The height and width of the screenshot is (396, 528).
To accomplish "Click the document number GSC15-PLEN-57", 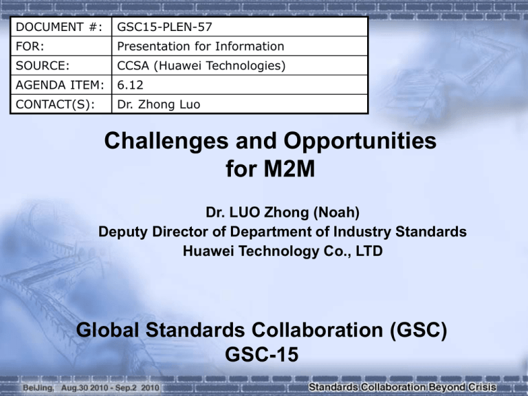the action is click(164, 27).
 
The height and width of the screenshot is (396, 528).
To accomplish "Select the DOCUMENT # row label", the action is click(59, 27).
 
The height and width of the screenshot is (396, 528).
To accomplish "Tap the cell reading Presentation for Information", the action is click(200, 46).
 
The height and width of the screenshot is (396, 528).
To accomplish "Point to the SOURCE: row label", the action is click(43, 66).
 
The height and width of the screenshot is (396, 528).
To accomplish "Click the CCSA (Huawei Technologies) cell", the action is click(201, 66).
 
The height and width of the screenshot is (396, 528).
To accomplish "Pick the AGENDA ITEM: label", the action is click(60, 85).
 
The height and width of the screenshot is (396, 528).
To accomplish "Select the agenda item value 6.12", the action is click(130, 85).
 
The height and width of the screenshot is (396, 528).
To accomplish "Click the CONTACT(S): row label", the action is click(55, 104).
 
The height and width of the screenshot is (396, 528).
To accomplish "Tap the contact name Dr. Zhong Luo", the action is click(159, 104).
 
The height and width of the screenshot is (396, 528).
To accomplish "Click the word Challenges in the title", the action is click(166, 141).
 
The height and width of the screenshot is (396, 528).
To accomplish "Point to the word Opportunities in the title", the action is click(360, 141).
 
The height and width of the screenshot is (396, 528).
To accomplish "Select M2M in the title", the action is click(289, 168).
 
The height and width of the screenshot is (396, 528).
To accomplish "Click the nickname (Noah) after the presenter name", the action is click(336, 212).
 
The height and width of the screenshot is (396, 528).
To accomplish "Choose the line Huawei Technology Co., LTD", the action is click(283, 251).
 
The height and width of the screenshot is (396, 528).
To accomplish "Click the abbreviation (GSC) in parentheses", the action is click(418, 330).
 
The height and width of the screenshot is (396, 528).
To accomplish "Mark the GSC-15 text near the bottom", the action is click(262, 354).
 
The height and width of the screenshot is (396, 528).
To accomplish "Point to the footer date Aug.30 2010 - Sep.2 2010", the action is click(110, 388).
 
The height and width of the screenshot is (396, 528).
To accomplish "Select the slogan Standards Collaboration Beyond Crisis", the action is click(402, 387).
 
